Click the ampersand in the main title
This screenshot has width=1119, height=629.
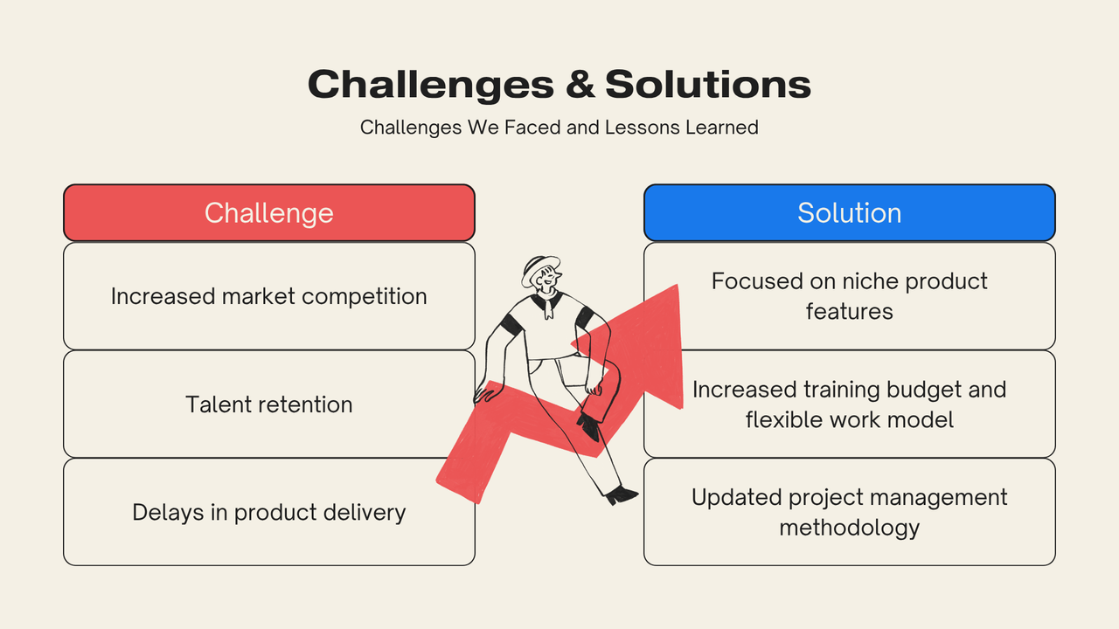[580, 84]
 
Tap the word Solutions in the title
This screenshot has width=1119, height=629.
[708, 84]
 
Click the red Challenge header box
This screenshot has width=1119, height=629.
[268, 212]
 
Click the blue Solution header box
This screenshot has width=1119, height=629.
[849, 212]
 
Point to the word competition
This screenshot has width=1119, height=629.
[365, 297]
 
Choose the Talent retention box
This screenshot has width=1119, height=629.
[268, 404]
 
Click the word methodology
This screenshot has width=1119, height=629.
[849, 529]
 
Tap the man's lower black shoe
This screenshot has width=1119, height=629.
[621, 495]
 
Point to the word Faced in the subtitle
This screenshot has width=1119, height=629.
[532, 128]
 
